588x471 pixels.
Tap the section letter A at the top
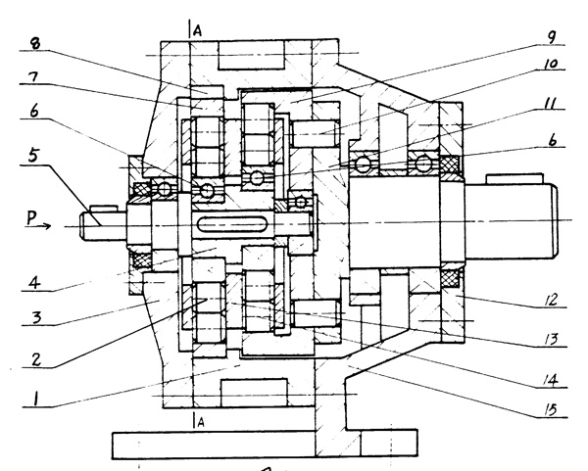[x=197, y=30]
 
